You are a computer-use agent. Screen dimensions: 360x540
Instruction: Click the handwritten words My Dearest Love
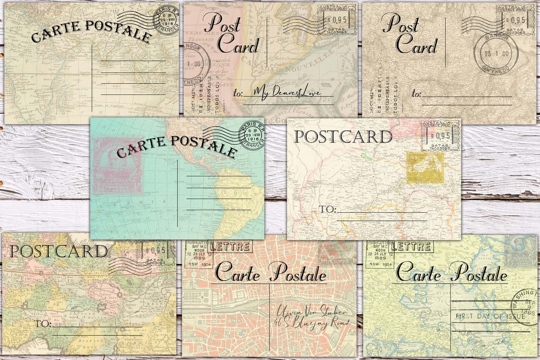[287, 92]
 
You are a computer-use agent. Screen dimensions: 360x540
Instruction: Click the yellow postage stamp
[425, 168]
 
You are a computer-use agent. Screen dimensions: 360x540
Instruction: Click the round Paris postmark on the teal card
[252, 134]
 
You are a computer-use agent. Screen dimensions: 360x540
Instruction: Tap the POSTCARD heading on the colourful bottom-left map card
[58, 251]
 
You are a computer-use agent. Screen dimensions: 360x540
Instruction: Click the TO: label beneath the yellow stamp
[326, 209]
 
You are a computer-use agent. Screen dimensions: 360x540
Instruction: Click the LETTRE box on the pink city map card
[230, 246]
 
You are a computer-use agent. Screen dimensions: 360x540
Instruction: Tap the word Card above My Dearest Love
[238, 46]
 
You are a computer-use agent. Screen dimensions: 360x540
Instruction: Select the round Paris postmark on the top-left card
[167, 20]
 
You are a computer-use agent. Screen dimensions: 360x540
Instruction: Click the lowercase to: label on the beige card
[416, 94]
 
